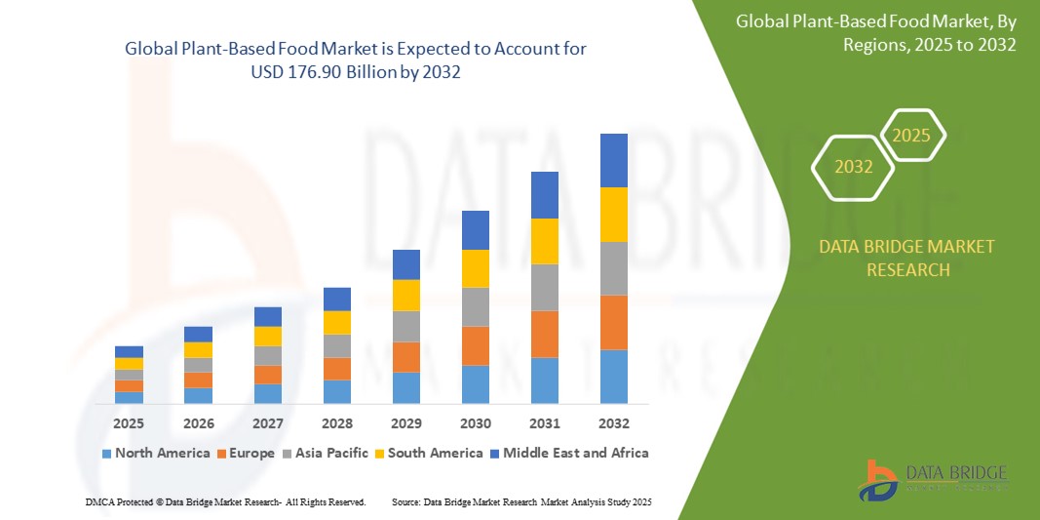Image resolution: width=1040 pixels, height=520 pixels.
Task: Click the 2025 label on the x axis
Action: tap(129, 423)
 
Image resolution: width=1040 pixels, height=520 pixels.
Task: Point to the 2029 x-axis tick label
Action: tap(405, 423)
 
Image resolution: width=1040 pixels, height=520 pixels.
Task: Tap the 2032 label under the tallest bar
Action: tap(613, 423)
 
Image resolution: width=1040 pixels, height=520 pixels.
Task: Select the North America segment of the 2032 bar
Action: tap(613, 377)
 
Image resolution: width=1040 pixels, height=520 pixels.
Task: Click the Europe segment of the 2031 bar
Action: tap(544, 334)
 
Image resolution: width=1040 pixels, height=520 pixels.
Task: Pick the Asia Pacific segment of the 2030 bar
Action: tap(475, 306)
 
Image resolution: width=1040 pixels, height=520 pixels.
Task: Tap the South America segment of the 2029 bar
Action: tap(405, 295)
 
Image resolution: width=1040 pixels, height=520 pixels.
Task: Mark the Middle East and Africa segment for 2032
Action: tap(613, 160)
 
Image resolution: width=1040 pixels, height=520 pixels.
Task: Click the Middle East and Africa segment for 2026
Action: tap(198, 334)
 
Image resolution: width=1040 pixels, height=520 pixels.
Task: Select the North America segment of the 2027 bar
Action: tap(267, 393)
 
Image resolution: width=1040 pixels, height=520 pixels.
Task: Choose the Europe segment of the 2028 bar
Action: tap(336, 369)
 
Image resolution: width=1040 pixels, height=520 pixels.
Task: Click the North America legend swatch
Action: tap(106, 454)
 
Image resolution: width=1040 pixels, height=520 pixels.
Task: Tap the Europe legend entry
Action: tap(245, 453)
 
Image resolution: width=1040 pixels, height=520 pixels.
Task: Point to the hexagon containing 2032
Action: tap(853, 167)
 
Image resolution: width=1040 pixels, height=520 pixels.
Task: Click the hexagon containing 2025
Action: tap(912, 136)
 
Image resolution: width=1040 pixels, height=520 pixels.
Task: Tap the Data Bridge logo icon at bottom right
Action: tap(877, 479)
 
